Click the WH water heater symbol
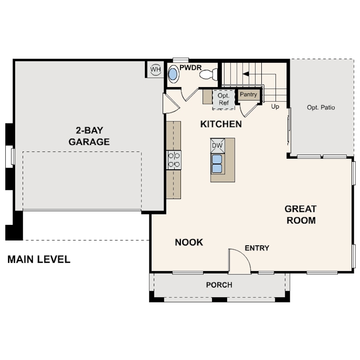pyautogui.click(x=155, y=69)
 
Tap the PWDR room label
pyautogui.click(x=191, y=68)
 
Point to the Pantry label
pyautogui.click(x=248, y=95)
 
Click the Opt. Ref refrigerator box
pyautogui.click(x=223, y=100)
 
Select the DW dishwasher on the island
pyautogui.click(x=217, y=145)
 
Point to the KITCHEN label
pyautogui.click(x=221, y=124)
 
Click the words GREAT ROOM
pyautogui.click(x=301, y=214)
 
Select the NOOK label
pyautogui.click(x=189, y=242)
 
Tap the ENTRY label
pyautogui.click(x=257, y=248)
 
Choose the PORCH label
pyautogui.click(x=219, y=285)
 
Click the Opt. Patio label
pyautogui.click(x=321, y=108)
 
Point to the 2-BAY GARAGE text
pyautogui.click(x=89, y=136)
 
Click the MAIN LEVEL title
pyautogui.click(x=39, y=260)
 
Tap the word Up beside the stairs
pyautogui.click(x=275, y=107)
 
